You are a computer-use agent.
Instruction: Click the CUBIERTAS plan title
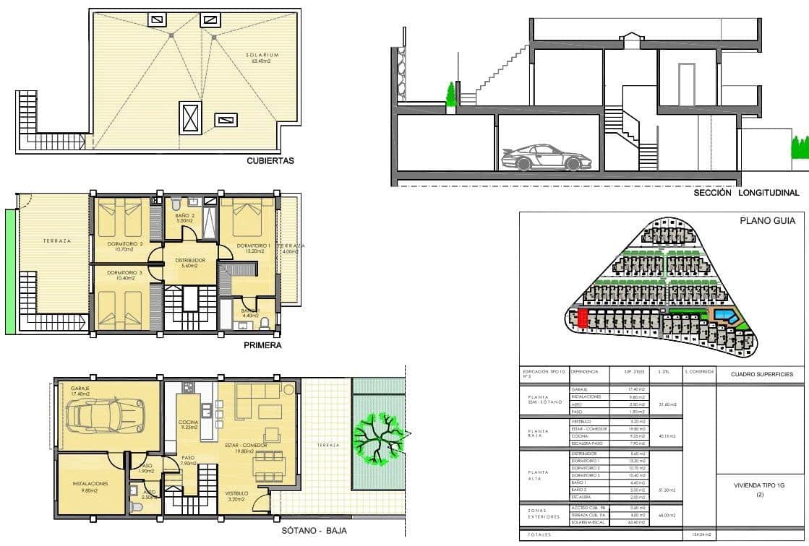tap(270, 162)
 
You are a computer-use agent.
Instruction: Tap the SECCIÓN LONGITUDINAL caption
tap(746, 193)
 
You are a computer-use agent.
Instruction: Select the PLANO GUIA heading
tap(767, 222)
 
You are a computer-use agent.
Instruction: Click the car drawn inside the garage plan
tap(100, 414)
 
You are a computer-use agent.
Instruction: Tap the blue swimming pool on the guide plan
tap(725, 316)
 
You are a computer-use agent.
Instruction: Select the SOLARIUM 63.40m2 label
tap(260, 58)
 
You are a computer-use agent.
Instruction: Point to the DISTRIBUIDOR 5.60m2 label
tap(189, 263)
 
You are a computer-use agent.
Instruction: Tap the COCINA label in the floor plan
tap(189, 425)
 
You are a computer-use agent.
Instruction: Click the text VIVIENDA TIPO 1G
tap(760, 486)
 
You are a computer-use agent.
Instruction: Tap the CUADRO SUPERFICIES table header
tap(761, 374)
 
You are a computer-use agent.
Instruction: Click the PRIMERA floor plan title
tap(262, 345)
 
